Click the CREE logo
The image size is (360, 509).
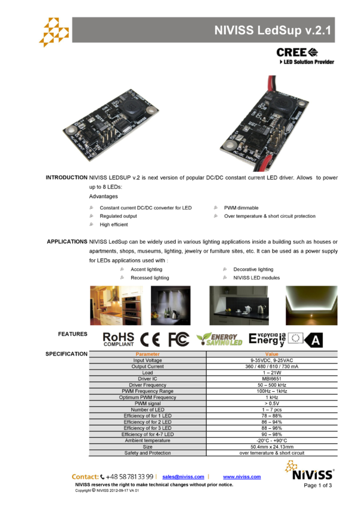click(297, 52)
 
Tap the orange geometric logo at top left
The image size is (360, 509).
click(54, 32)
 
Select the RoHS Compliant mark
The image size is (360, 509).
click(119, 340)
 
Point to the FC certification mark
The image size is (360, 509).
click(179, 340)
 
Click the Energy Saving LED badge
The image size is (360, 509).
click(220, 340)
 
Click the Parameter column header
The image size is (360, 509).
click(147, 355)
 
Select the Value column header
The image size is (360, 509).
click(272, 355)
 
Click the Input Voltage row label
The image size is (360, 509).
click(147, 360)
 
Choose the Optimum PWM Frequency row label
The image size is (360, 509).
click(147, 398)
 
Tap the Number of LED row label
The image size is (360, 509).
click(147, 410)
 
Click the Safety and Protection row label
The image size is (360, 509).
click(147, 453)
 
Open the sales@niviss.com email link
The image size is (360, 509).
click(183, 477)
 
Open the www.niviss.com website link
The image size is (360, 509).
click(242, 477)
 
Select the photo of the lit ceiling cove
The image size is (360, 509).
click(311, 305)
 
